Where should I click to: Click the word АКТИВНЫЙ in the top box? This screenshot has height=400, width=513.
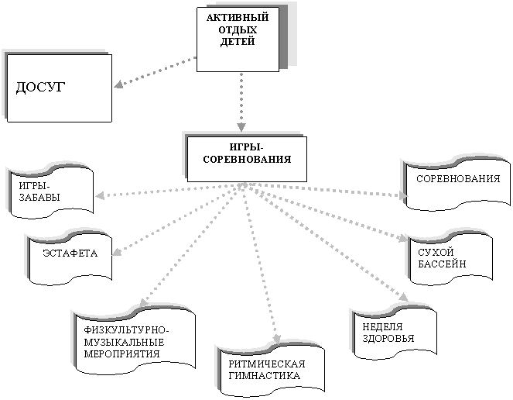238,17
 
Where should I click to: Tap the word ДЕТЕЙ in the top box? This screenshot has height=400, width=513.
238,42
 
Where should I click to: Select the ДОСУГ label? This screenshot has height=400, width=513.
40,88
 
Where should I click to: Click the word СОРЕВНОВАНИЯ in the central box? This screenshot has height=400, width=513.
247,160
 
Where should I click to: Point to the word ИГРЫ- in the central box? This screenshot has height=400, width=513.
246,147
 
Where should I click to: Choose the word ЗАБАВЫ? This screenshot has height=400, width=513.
39,198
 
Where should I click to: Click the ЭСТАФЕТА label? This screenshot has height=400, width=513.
70,253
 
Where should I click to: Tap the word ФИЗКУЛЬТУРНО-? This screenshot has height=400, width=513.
127,329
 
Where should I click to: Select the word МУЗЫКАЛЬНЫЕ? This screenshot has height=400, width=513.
124,342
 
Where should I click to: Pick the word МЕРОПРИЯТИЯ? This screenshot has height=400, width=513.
122,353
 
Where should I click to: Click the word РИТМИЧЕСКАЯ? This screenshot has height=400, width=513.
267,364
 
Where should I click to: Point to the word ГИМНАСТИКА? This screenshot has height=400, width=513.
264,376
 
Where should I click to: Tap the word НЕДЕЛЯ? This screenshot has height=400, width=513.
382,326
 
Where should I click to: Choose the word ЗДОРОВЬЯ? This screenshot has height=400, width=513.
388,338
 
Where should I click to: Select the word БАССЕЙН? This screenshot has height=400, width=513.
442,264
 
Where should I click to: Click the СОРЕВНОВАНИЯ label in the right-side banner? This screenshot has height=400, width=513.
458,179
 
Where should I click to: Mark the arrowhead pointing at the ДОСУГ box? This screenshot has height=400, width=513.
118,84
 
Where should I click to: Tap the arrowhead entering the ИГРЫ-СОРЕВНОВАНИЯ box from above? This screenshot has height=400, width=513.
241,127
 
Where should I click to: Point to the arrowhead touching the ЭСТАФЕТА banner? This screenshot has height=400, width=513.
117,251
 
